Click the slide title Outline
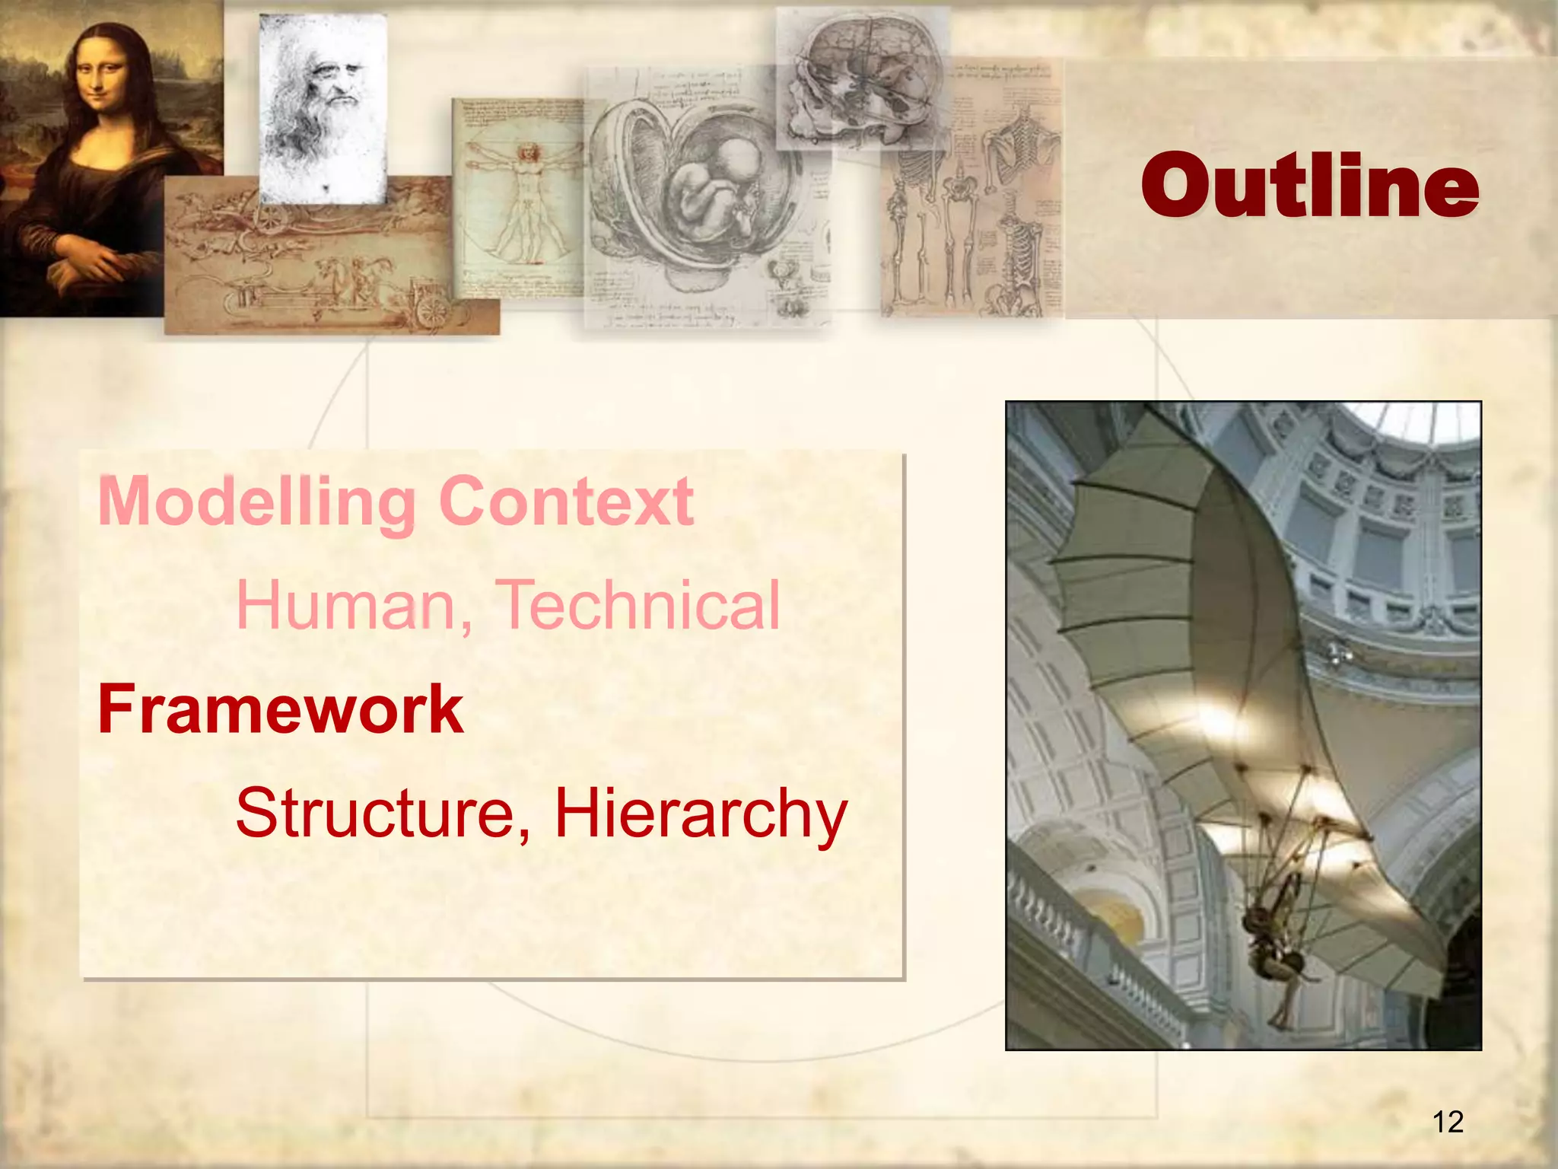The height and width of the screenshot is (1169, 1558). [x=1309, y=185]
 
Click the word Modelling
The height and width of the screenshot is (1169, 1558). [x=256, y=502]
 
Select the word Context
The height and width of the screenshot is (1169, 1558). [x=566, y=502]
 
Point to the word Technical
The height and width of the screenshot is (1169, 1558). [x=639, y=605]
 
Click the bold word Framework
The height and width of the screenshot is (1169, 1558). [x=281, y=709]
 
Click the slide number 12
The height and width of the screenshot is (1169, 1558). [x=1448, y=1122]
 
